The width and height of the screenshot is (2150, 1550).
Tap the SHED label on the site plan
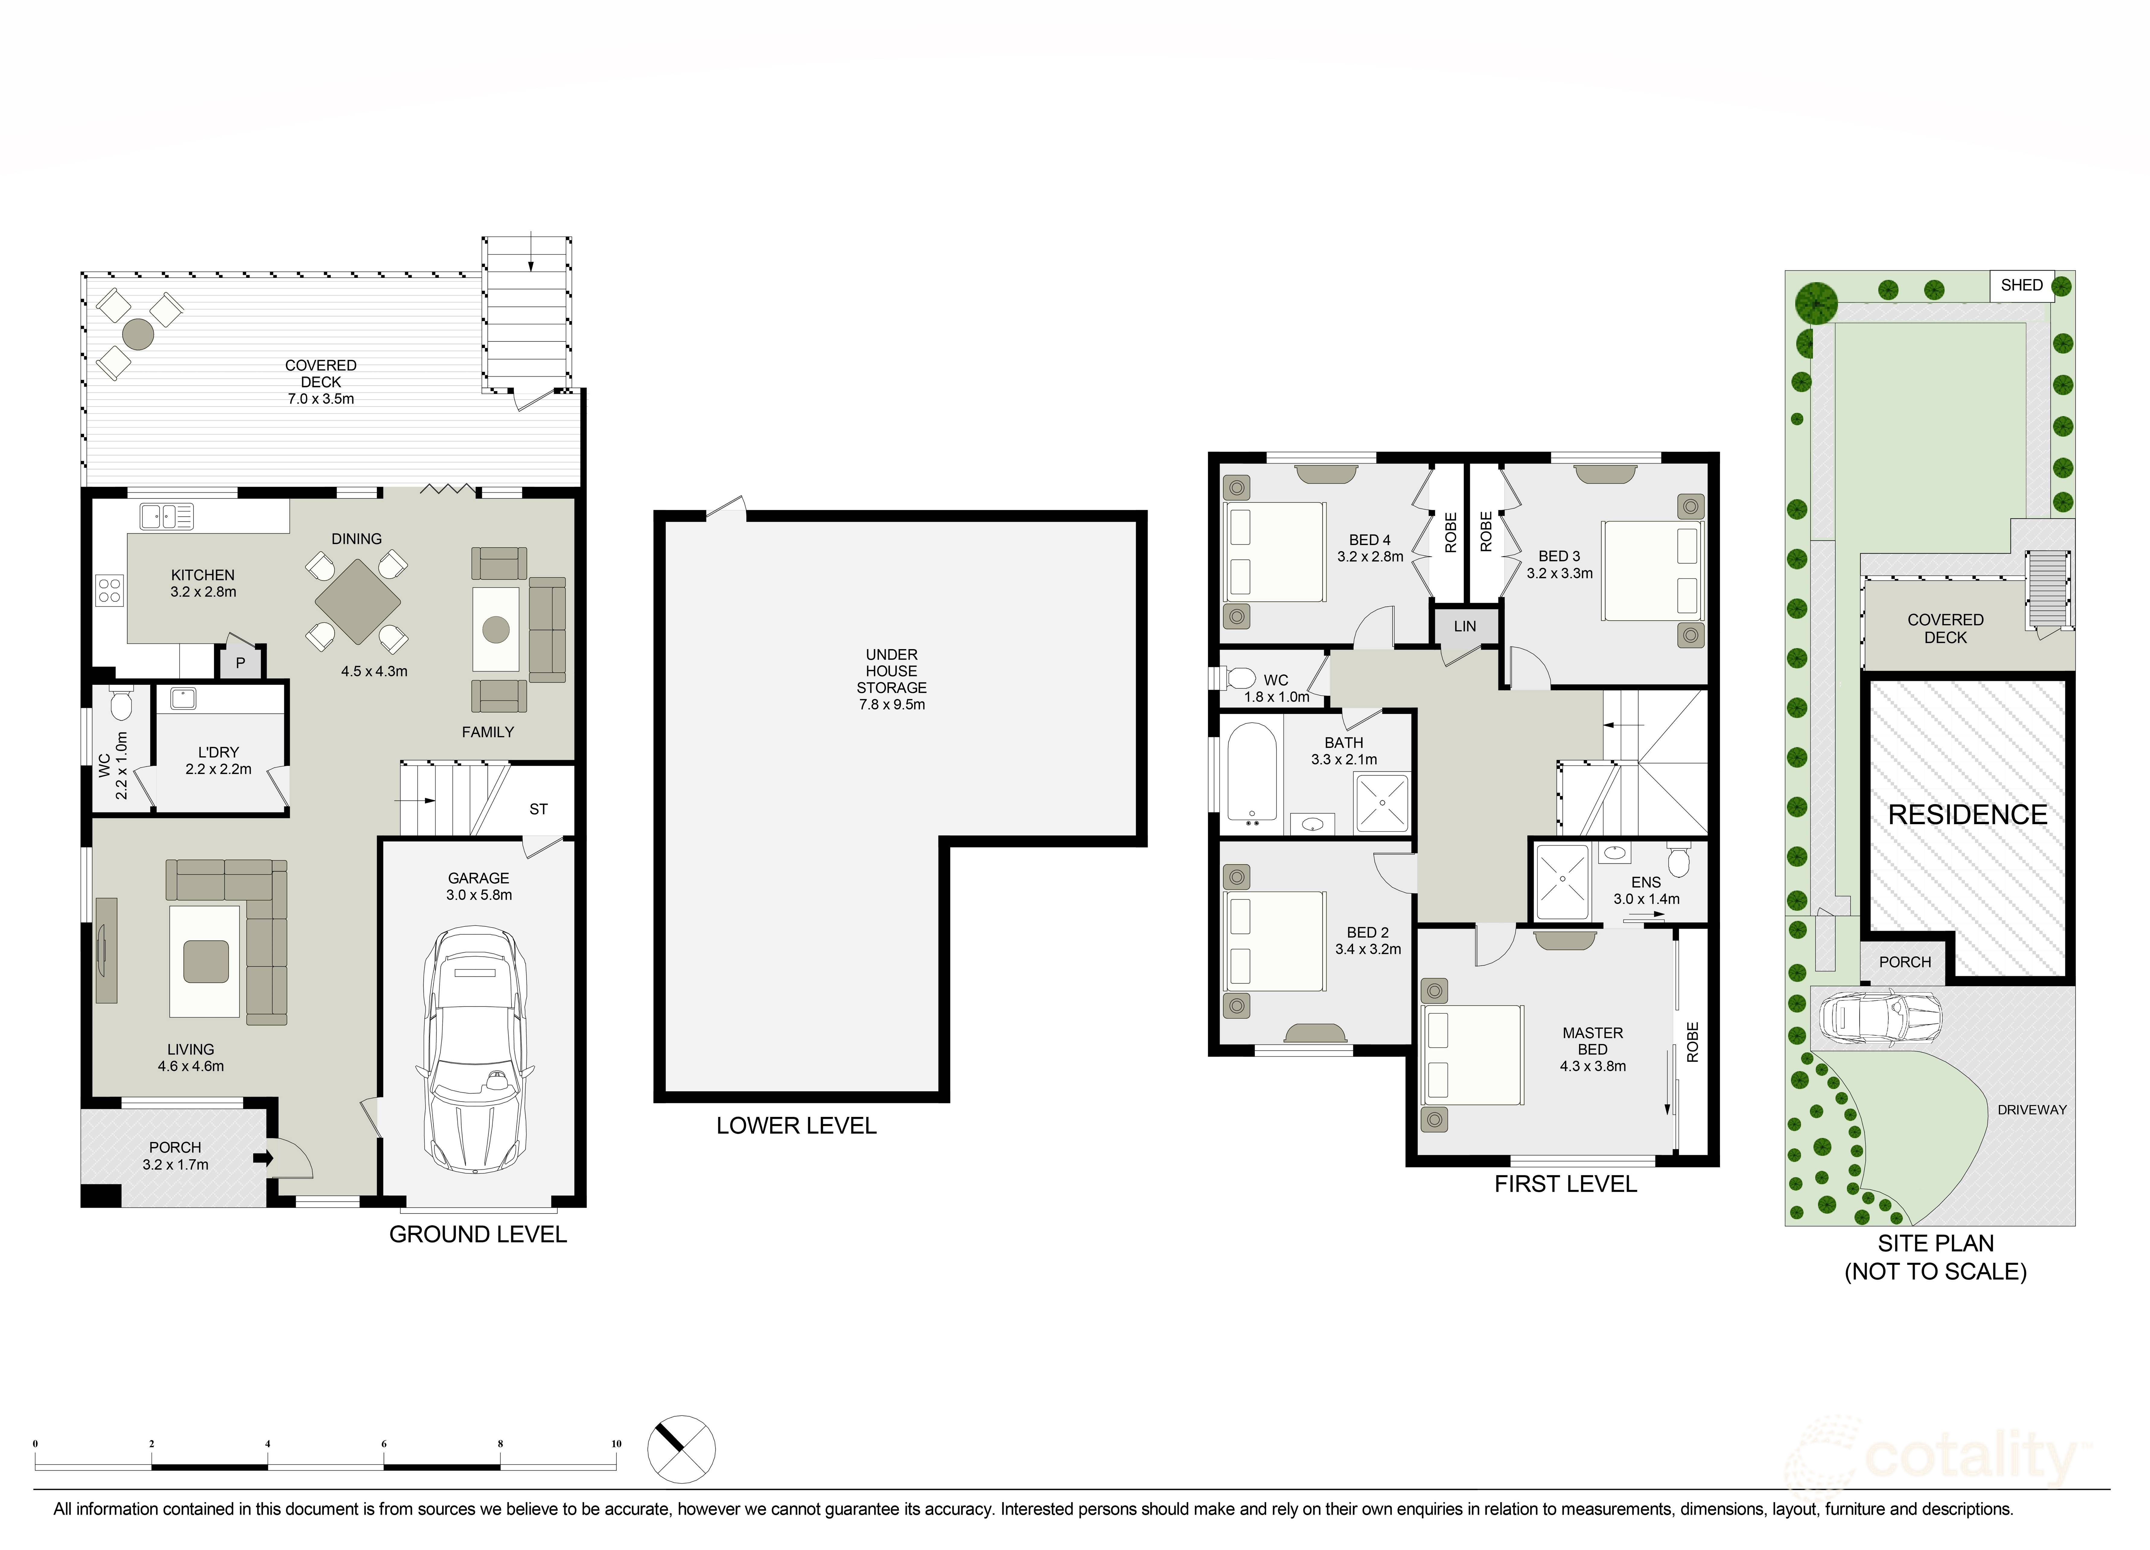coord(2021,285)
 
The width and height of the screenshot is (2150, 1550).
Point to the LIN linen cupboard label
coord(1465,627)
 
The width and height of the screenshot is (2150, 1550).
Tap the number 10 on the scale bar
coord(616,1444)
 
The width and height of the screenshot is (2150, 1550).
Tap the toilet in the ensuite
coord(1678,861)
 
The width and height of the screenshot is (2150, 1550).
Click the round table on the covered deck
coord(139,334)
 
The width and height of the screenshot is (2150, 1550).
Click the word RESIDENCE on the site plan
coord(1967,814)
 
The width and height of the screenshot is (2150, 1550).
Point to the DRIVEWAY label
coord(2031,1109)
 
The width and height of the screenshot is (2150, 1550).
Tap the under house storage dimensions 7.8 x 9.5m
coord(891,704)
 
